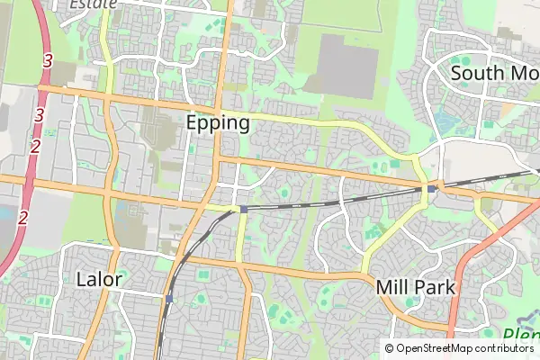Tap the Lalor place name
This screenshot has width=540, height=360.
click(x=99, y=278)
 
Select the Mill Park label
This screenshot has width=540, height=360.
click(x=416, y=288)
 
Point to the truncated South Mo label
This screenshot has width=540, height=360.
click(x=494, y=73)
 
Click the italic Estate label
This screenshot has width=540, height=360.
click(x=94, y=4)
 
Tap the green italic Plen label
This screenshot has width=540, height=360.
click(x=520, y=337)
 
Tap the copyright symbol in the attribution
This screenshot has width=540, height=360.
click(x=389, y=348)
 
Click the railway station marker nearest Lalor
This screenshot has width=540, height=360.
click(x=168, y=298)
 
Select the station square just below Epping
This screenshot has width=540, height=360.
click(x=243, y=209)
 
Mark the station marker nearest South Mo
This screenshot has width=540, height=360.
click(x=432, y=189)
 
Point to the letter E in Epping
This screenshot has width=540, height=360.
click(x=193, y=123)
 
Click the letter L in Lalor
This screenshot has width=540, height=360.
click(x=82, y=278)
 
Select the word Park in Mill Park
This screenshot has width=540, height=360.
click(x=436, y=288)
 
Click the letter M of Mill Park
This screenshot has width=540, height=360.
click(x=383, y=288)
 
